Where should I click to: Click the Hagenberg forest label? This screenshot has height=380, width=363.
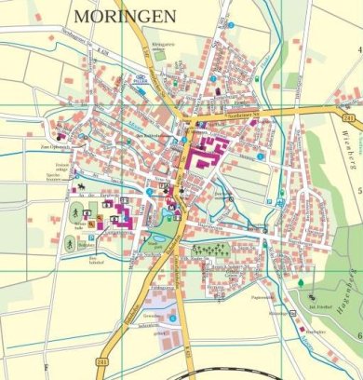pyautogui.click(x=354, y=294)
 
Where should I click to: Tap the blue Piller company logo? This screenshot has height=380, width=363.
pyautogui.click(x=141, y=80)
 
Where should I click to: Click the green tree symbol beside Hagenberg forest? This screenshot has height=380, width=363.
pyautogui.click(x=302, y=282)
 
